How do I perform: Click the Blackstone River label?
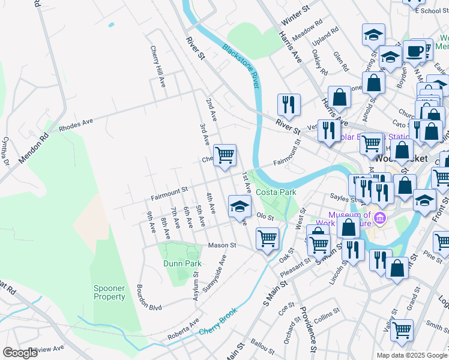(240, 66)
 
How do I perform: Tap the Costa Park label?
(276, 192)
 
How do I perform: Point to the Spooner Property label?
(109, 292)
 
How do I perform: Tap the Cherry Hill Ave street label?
(158, 67)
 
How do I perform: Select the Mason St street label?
(222, 245)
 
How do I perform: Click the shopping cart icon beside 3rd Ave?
(224, 155)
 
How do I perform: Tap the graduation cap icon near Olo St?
(240, 207)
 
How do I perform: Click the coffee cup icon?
(414, 50)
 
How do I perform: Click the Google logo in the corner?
(20, 353)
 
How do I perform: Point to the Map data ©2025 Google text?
(411, 355)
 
